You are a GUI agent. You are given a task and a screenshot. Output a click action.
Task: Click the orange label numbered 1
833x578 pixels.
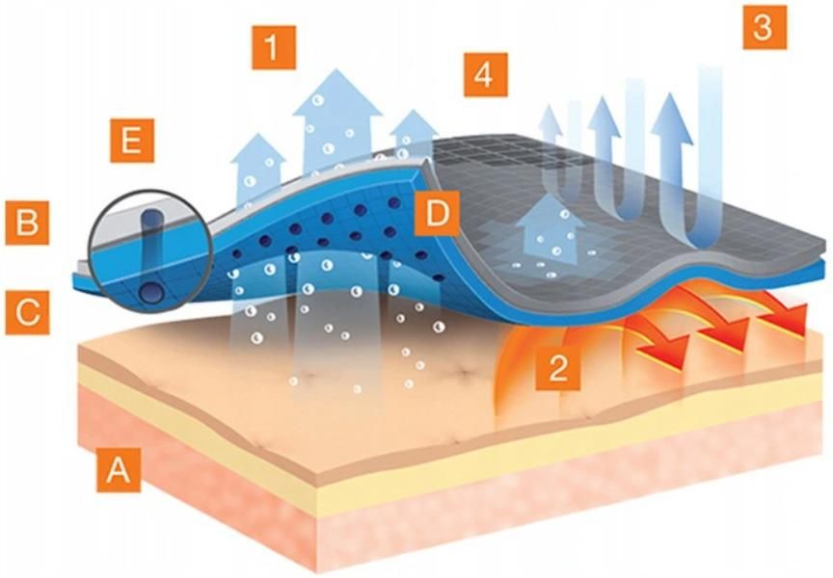point(274,47)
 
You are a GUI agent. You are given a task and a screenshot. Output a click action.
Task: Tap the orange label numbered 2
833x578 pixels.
point(558,367)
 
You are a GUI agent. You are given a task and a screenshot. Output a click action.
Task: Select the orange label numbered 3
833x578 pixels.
point(765,27)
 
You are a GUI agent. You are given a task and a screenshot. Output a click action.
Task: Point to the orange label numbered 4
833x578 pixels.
point(486,75)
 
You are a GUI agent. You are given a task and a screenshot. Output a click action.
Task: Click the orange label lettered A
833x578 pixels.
point(119,470)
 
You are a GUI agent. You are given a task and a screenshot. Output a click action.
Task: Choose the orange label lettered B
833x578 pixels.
point(28,223)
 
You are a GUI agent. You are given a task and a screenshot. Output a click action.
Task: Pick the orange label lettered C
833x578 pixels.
point(28,313)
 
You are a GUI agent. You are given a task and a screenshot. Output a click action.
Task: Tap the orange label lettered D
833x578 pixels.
point(437,213)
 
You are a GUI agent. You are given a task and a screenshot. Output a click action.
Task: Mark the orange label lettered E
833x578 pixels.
point(132,141)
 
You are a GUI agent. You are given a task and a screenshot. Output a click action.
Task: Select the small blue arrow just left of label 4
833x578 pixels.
point(413,133)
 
